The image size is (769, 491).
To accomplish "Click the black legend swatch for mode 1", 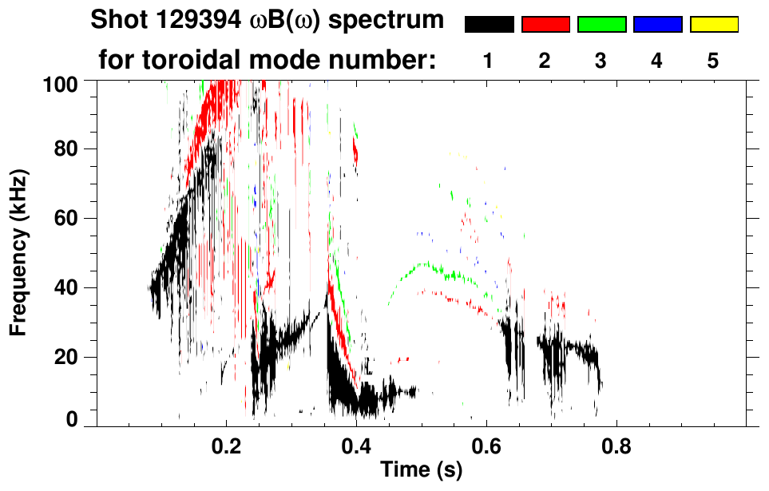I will coord(489,25).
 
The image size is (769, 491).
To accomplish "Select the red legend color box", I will coord(545,25).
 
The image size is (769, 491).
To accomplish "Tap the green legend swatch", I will coord(601,25).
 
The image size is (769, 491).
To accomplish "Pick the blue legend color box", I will coord(657,25).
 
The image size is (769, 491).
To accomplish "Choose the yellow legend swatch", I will coord(713,25).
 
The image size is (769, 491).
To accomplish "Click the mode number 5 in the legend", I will coord(713,61).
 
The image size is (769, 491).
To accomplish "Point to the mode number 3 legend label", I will coord(601,61).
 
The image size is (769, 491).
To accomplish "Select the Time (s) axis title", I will coord(420,470).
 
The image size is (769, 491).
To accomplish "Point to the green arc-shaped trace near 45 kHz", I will coord(427,266).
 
